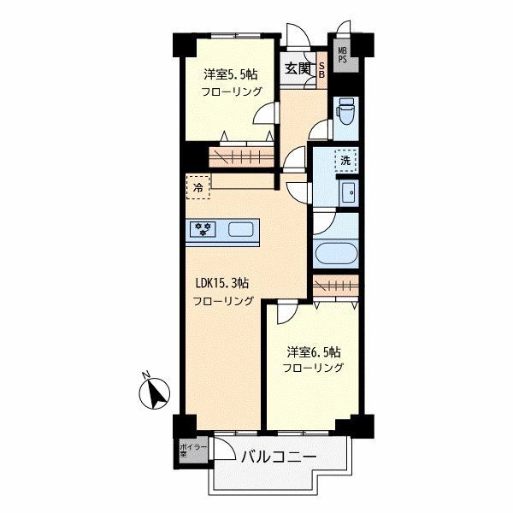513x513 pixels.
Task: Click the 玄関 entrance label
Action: tap(297, 68)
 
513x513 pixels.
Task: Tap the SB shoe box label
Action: tap(321, 70)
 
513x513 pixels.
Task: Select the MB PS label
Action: tap(342, 56)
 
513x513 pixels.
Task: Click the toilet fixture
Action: tap(346, 111)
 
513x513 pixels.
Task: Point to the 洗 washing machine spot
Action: tap(345, 161)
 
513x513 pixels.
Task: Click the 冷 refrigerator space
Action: tap(198, 187)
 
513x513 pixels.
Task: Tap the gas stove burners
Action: tap(203, 228)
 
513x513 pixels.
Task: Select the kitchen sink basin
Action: tap(240, 229)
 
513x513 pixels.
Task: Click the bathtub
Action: tap(336, 253)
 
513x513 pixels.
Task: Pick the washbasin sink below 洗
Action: tap(349, 192)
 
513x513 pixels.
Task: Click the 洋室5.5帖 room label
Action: tap(231, 74)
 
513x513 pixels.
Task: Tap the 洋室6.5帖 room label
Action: tap(314, 352)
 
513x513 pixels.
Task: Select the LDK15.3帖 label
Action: tap(222, 283)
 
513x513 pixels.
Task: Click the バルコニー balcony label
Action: tap(279, 457)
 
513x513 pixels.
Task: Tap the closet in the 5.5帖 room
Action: tap(241, 157)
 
